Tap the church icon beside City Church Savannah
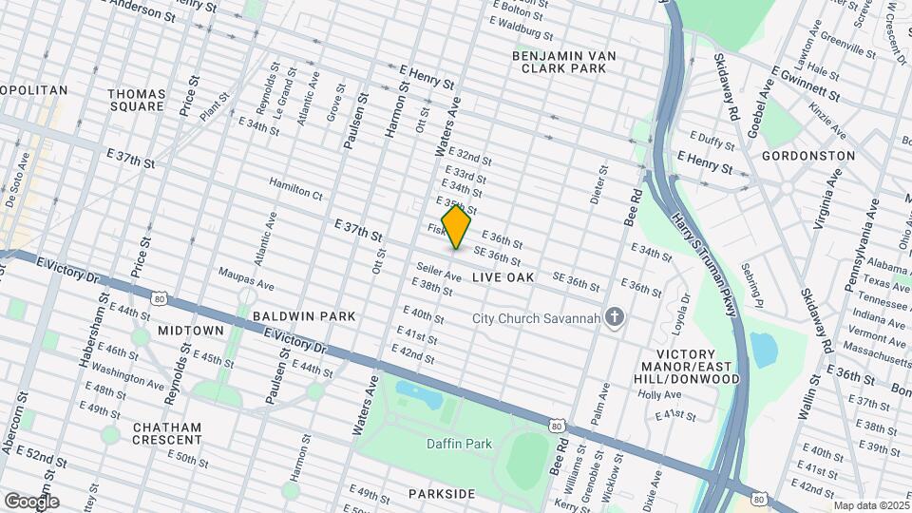tap(615, 317)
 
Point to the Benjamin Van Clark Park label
tap(564, 63)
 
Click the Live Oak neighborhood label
tap(503, 277)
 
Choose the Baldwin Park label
tap(303, 315)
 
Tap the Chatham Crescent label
tap(167, 433)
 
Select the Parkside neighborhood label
tap(441, 494)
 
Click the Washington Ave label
tap(127, 378)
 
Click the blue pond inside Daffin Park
tap(420, 391)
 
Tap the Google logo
tap(31, 501)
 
